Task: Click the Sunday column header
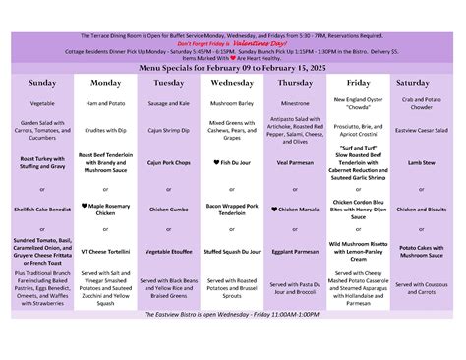tap(42, 84)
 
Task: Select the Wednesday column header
tap(232, 84)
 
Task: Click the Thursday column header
tap(295, 84)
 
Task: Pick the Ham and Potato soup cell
tap(105, 102)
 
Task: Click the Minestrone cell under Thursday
tap(295, 102)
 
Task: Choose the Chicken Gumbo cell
tap(168, 209)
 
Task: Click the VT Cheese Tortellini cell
tap(105, 252)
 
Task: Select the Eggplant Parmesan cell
tap(295, 252)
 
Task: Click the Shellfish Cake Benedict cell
tap(42, 209)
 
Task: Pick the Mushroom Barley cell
tap(232, 102)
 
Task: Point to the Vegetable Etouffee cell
tap(168, 252)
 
